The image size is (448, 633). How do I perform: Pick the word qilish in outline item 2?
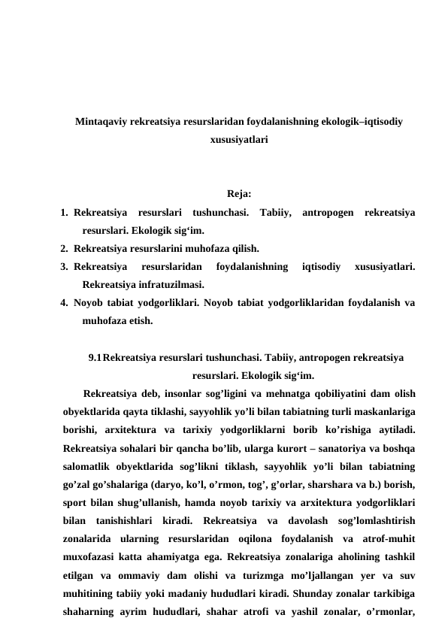click(242, 248)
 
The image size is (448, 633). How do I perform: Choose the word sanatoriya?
click(329, 449)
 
